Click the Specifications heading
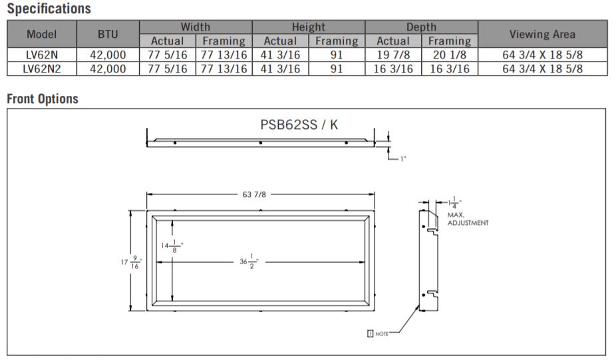[49, 9]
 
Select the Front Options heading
[43, 98]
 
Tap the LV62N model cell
[42, 55]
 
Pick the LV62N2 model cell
[42, 69]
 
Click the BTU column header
[108, 34]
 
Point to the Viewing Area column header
[543, 34]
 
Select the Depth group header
[421, 27]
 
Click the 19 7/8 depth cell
[393, 55]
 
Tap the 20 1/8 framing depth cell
[450, 55]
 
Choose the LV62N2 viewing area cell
[543, 69]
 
